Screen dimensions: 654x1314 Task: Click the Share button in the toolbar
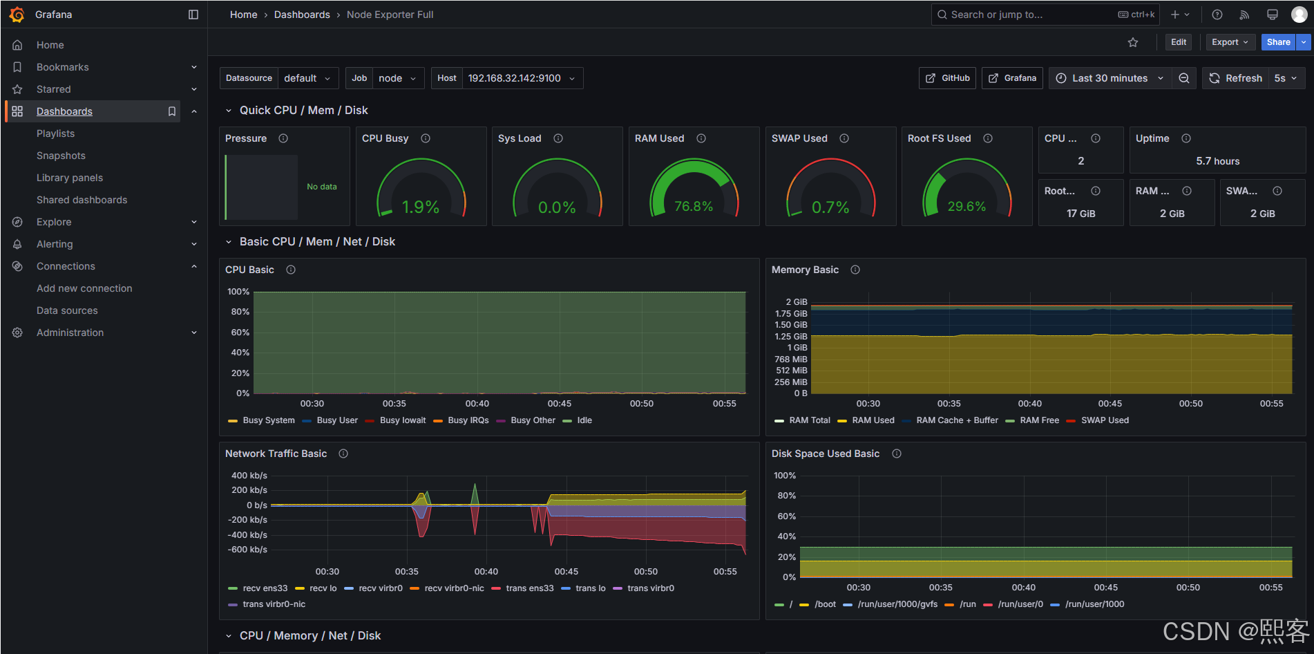1277,42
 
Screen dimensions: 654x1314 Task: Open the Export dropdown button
1230,42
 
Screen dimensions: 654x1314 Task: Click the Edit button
1178,42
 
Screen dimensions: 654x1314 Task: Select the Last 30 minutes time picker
1110,78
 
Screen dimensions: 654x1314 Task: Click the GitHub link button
947,78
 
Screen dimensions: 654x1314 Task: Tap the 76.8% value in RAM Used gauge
693,206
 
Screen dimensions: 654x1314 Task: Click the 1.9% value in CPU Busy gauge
420,207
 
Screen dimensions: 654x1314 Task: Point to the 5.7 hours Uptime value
1217,161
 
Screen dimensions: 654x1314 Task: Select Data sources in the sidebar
67,310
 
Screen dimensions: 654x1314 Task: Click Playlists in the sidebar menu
55,133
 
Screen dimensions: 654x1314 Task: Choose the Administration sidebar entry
70,333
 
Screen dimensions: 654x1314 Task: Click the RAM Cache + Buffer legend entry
956,420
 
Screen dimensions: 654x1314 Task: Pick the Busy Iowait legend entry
402,420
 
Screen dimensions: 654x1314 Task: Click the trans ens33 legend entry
529,588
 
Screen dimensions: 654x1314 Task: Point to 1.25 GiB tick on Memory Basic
790,337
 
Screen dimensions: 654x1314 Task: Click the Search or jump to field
1029,15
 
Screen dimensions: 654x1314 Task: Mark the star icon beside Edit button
1133,42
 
